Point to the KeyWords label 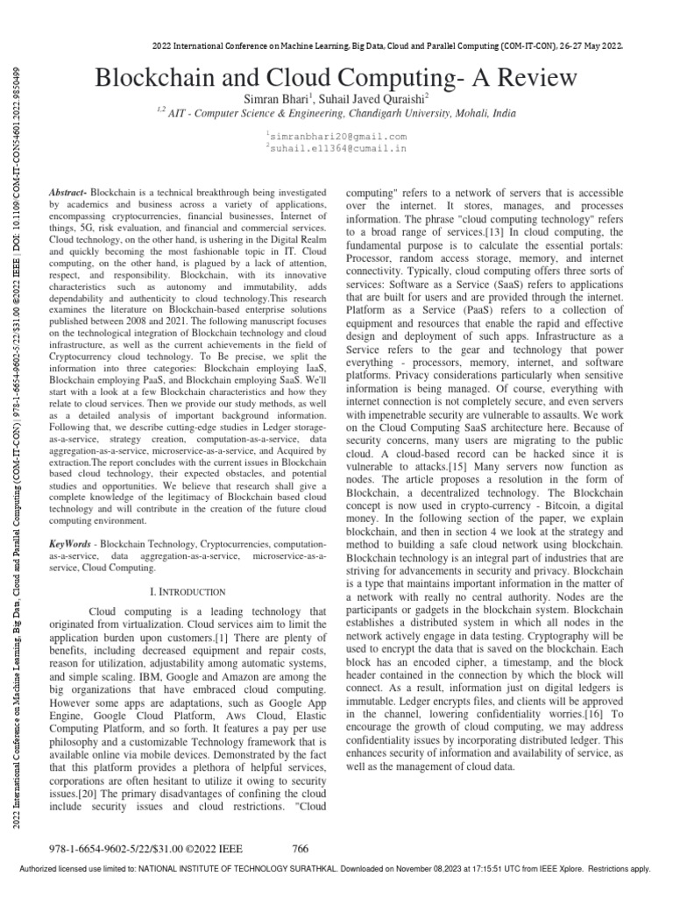[70, 520]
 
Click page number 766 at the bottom [301, 849]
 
